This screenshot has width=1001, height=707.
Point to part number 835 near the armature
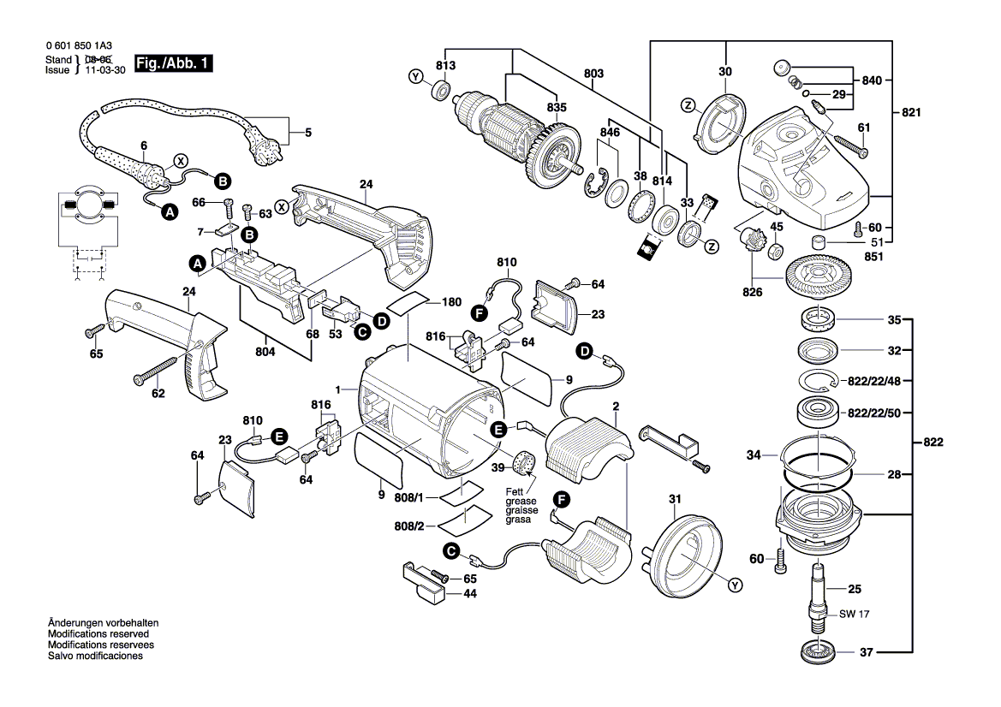(x=557, y=108)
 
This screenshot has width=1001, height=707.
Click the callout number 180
(x=452, y=302)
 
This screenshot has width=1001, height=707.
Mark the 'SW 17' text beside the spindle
(x=849, y=615)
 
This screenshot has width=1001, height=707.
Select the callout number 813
(x=445, y=66)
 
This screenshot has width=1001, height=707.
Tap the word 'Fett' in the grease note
(x=514, y=491)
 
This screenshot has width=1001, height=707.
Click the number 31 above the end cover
(x=675, y=499)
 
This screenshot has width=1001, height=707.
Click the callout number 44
(x=469, y=592)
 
